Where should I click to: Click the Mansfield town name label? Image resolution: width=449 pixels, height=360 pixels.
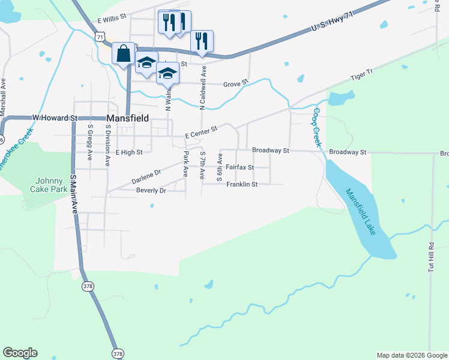tap(128, 119)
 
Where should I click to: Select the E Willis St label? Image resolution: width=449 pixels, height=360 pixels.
tap(112, 20)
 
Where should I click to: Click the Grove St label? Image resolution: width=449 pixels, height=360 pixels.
tap(235, 84)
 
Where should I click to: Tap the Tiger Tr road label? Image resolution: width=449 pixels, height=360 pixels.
tap(362, 75)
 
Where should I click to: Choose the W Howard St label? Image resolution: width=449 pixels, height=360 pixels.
tap(55, 118)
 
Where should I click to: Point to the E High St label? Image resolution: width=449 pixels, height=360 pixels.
tap(129, 152)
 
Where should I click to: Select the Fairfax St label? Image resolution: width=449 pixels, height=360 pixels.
tap(240, 167)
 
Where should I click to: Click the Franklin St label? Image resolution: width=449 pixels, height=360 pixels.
tap(242, 184)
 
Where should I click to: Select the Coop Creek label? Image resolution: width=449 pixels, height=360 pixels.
tap(316, 127)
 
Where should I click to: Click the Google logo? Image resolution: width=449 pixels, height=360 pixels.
tap(20, 353)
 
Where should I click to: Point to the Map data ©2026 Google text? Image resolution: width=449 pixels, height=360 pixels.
tap(411, 355)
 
